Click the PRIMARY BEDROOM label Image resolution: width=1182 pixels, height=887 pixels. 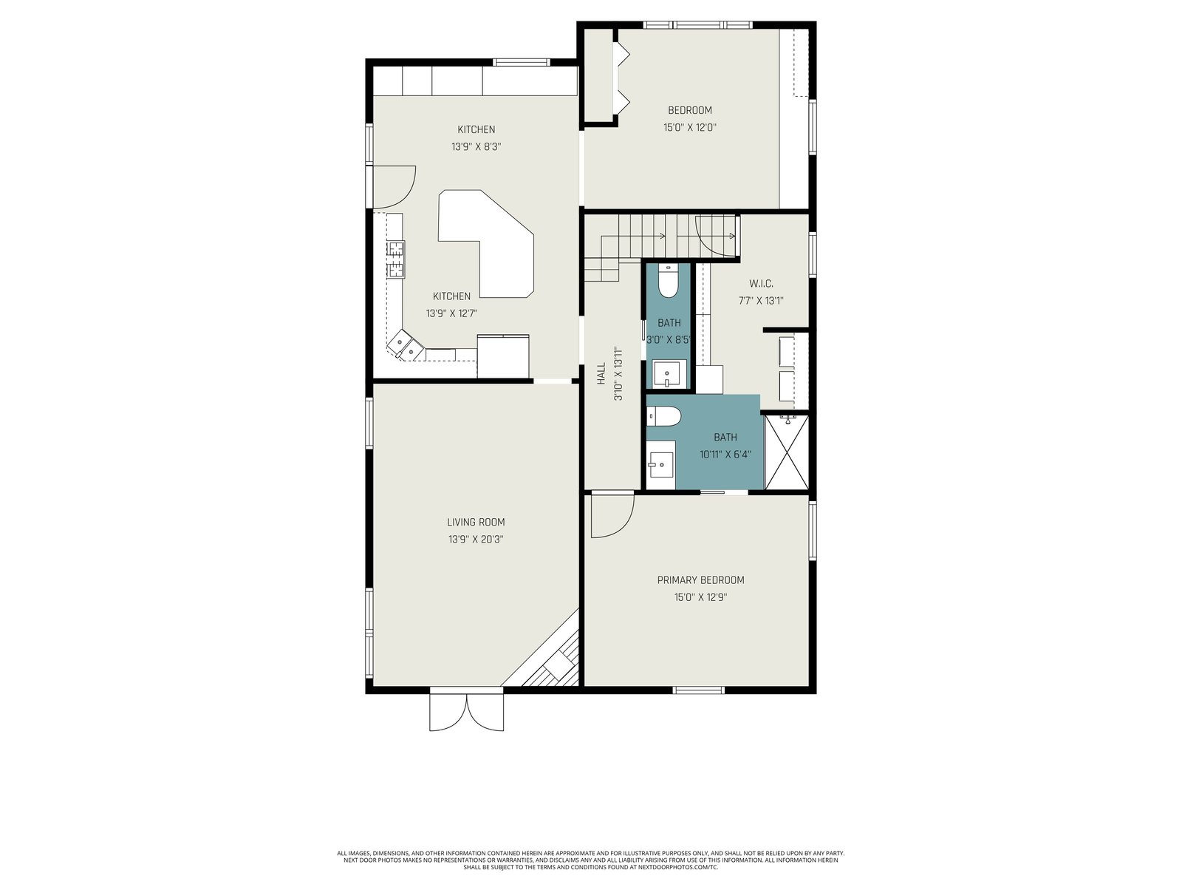(700, 580)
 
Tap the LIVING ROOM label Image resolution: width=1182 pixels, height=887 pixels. (476, 522)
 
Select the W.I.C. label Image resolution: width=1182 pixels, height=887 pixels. (761, 283)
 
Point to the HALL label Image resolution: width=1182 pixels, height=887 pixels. (601, 373)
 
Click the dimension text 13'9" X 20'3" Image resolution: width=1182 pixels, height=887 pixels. (476, 539)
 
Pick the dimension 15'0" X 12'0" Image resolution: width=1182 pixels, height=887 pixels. (689, 128)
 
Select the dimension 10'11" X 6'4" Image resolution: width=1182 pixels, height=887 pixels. (725, 454)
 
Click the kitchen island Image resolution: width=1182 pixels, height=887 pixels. (485, 243)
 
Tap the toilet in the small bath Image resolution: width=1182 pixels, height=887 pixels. (669, 281)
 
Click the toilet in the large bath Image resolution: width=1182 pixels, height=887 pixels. (664, 416)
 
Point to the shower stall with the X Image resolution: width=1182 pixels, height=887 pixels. (787, 452)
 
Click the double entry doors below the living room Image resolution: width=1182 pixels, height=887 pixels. (466, 712)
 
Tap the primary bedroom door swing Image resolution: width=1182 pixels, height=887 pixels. (612, 516)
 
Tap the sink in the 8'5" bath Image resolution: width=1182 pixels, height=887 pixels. (668, 374)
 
